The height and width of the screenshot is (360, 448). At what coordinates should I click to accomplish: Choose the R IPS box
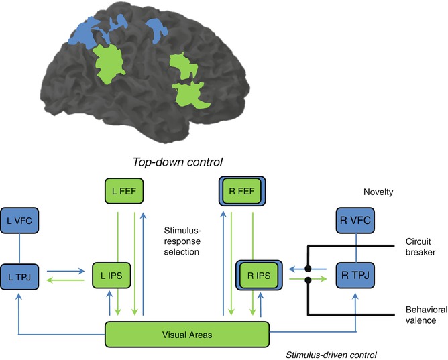tap(258, 274)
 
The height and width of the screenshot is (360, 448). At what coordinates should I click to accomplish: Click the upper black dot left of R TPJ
tap(308, 269)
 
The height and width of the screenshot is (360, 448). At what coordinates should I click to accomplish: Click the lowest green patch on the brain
tap(189, 95)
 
